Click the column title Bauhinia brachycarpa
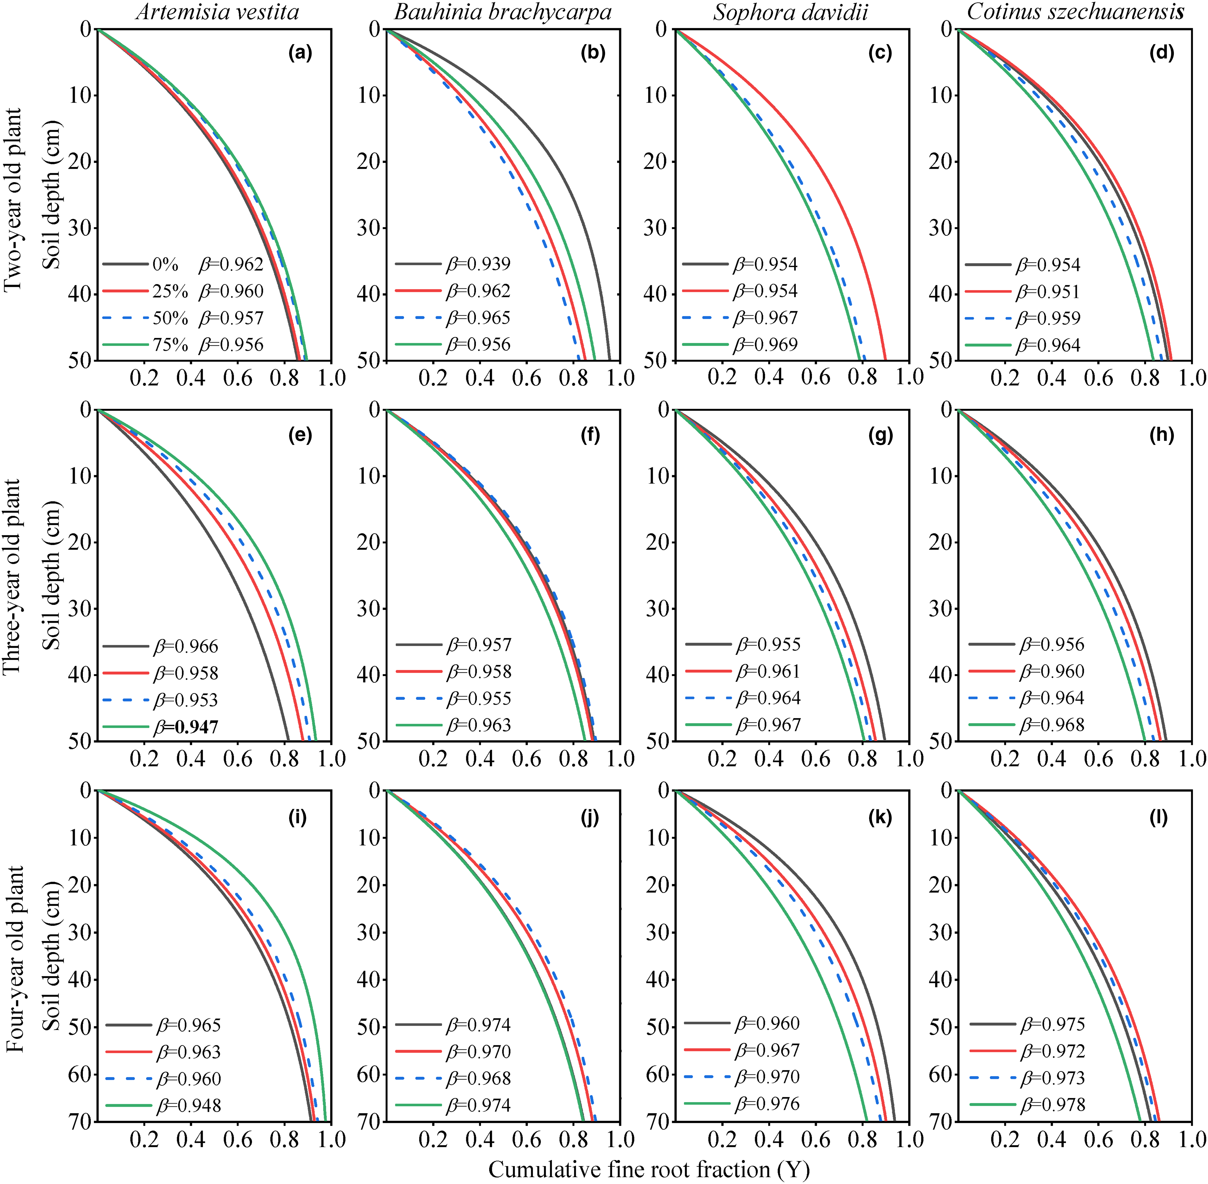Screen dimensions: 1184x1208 click(x=502, y=12)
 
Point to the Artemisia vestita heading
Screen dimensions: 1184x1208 click(x=217, y=12)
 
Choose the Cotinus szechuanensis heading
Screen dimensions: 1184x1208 click(x=1075, y=12)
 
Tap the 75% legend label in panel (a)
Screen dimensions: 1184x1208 click(x=170, y=344)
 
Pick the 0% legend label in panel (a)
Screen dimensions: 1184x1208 click(x=165, y=264)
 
